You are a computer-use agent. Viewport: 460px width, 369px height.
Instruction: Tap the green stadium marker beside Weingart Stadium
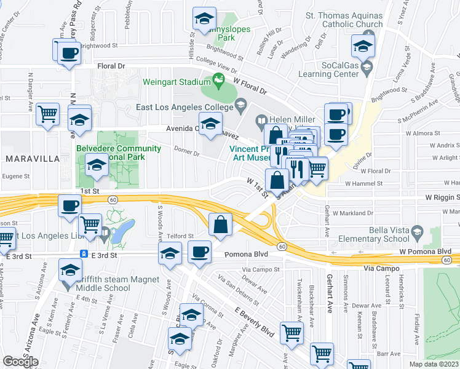click(x=218, y=79)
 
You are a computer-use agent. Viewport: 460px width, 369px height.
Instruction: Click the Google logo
click(x=20, y=362)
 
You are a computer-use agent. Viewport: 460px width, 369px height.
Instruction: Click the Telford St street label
click(x=182, y=236)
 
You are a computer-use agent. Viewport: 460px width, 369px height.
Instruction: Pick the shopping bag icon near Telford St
click(x=221, y=224)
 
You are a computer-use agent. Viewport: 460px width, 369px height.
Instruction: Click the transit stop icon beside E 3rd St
click(x=83, y=253)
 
